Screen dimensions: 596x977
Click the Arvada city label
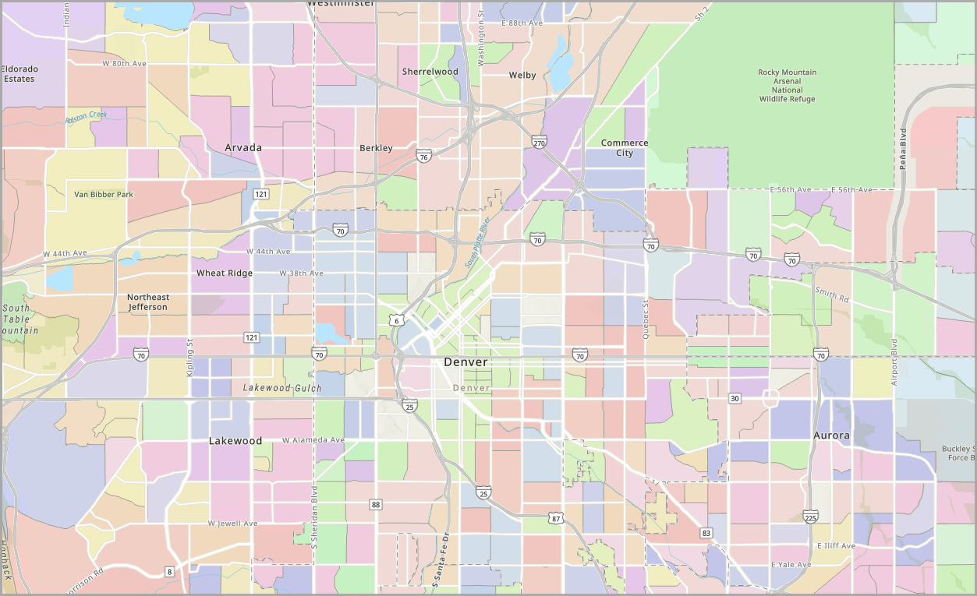(243, 147)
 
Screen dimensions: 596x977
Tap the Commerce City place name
(625, 148)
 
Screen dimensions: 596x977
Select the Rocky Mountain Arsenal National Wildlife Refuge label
(787, 86)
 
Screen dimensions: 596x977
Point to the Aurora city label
(831, 436)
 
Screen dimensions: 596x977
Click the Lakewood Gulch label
(281, 387)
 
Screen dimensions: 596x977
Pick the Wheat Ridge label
(225, 273)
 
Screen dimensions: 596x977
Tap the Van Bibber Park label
(104, 194)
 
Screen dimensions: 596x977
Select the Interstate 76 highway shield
(423, 157)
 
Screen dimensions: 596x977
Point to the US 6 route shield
(396, 321)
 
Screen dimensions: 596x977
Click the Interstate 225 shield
(810, 517)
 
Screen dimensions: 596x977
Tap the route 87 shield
(555, 518)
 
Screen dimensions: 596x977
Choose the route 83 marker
(706, 533)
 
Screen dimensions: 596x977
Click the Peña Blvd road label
(903, 148)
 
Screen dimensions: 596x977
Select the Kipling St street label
(189, 358)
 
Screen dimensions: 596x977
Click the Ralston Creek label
(86, 117)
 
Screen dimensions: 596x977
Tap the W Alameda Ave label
(313, 440)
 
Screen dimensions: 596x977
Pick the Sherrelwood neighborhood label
(430, 72)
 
